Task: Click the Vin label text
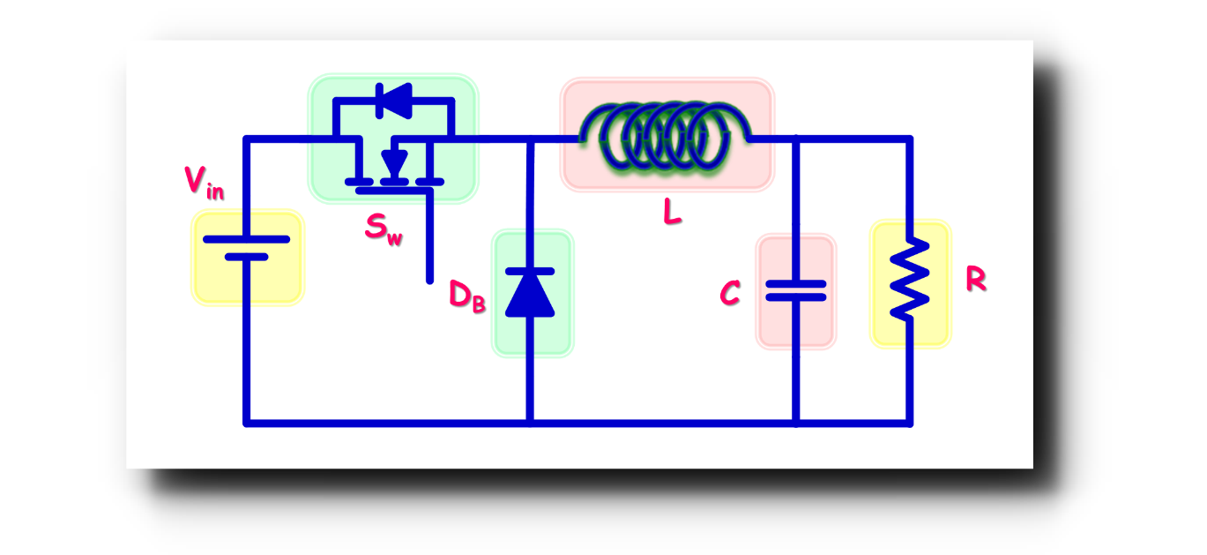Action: (204, 182)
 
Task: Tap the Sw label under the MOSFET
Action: (384, 229)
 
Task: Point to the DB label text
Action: (466, 295)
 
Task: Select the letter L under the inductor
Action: (672, 212)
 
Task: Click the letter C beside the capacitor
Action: (729, 294)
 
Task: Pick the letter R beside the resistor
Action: (975, 280)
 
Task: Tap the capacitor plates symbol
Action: (795, 290)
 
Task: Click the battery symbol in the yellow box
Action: (247, 248)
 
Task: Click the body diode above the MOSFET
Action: (393, 100)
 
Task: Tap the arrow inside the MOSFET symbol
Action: (394, 163)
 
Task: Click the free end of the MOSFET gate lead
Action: (430, 280)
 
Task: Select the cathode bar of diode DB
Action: (530, 272)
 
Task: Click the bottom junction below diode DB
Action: (530, 423)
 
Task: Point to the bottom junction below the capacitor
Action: (795, 423)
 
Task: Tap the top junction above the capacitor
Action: (795, 139)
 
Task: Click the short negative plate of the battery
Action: (246, 257)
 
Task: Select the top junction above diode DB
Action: (530, 139)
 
